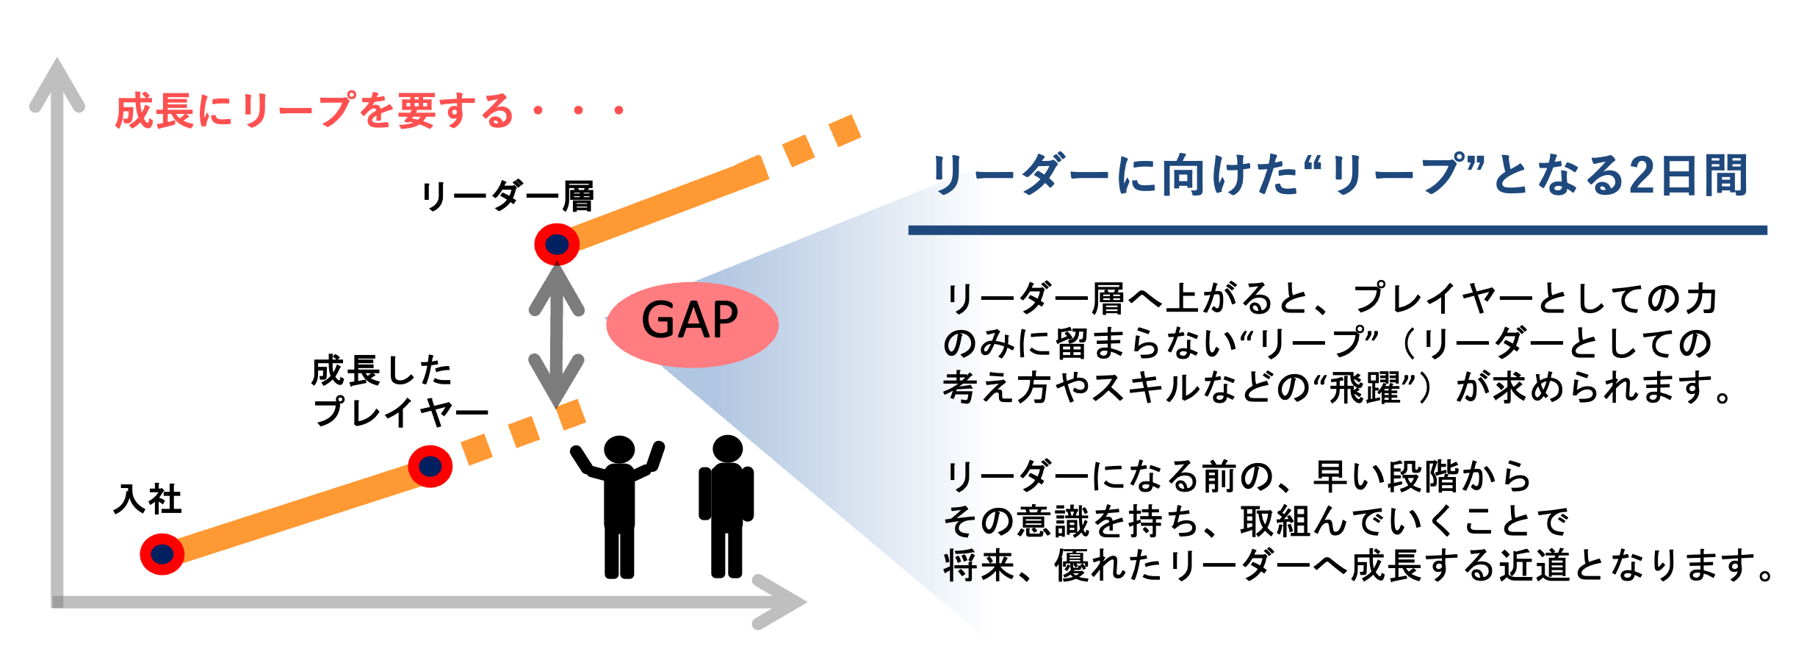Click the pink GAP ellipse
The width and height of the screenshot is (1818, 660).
691,323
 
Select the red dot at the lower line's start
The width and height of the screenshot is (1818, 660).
162,554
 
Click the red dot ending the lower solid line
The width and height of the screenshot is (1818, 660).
430,466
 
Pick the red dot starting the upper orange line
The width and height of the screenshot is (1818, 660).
557,244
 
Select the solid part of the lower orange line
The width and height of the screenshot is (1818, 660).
294,511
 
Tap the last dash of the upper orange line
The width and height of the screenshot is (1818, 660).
845,131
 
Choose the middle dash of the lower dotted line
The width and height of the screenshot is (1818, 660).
524,431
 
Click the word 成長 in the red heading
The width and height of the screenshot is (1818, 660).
154,112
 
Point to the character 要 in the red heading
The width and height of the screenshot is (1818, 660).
416,112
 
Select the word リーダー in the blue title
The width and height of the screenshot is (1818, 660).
1021,177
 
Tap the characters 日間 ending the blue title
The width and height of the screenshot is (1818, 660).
1704,177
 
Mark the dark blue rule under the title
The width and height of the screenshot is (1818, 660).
1337,230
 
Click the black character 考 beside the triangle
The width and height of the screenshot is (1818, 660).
959,387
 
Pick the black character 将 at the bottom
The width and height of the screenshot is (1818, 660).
959,566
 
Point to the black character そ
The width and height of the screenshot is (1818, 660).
959,522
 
